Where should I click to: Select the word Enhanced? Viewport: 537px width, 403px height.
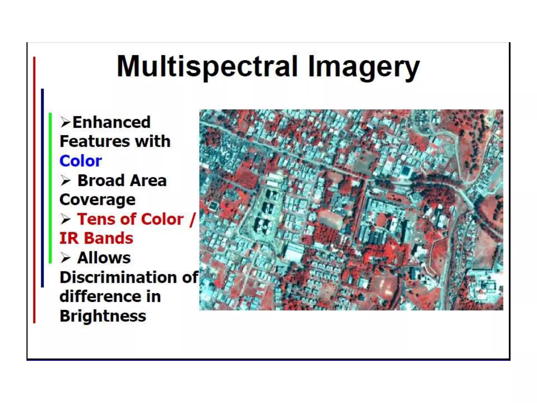111,122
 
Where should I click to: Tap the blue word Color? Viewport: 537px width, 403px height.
80,161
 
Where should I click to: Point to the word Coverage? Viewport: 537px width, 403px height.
98,200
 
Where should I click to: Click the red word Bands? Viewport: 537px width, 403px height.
109,238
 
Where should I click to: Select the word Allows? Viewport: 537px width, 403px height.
104,258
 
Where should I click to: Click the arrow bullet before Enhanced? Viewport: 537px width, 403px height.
65,122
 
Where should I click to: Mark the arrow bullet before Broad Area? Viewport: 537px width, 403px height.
66,181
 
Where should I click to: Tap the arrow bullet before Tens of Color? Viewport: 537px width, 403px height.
66,219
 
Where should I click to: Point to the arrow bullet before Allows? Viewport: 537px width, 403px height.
66,258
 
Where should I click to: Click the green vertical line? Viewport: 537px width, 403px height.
50,188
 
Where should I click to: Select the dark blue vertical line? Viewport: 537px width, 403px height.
42,188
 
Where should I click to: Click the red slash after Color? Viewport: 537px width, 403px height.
193,219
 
